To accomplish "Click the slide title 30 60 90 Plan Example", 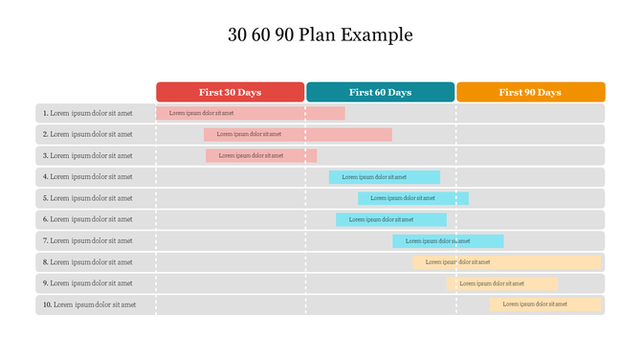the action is click(320, 35).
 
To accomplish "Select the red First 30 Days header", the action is click(230, 92).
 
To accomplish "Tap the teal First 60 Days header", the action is click(380, 92).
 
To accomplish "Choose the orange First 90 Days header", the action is click(530, 92).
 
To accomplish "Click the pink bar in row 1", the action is click(251, 113).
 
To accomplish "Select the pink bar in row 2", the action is click(298, 134).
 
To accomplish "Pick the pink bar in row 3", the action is click(260, 155).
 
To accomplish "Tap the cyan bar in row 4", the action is click(385, 177).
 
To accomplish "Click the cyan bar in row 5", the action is click(413, 198).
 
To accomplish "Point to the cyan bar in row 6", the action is click(390, 219).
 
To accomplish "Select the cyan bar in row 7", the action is click(448, 240).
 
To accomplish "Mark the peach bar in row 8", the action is click(507, 261).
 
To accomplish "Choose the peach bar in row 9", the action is click(502, 283).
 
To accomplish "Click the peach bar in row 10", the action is click(545, 304).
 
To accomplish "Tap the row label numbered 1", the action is click(87, 113).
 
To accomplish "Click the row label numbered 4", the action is click(87, 177).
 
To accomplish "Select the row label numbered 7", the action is click(87, 240).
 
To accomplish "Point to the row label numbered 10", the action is click(89, 304).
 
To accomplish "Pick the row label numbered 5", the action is click(87, 198).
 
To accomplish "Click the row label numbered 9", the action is click(87, 283).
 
